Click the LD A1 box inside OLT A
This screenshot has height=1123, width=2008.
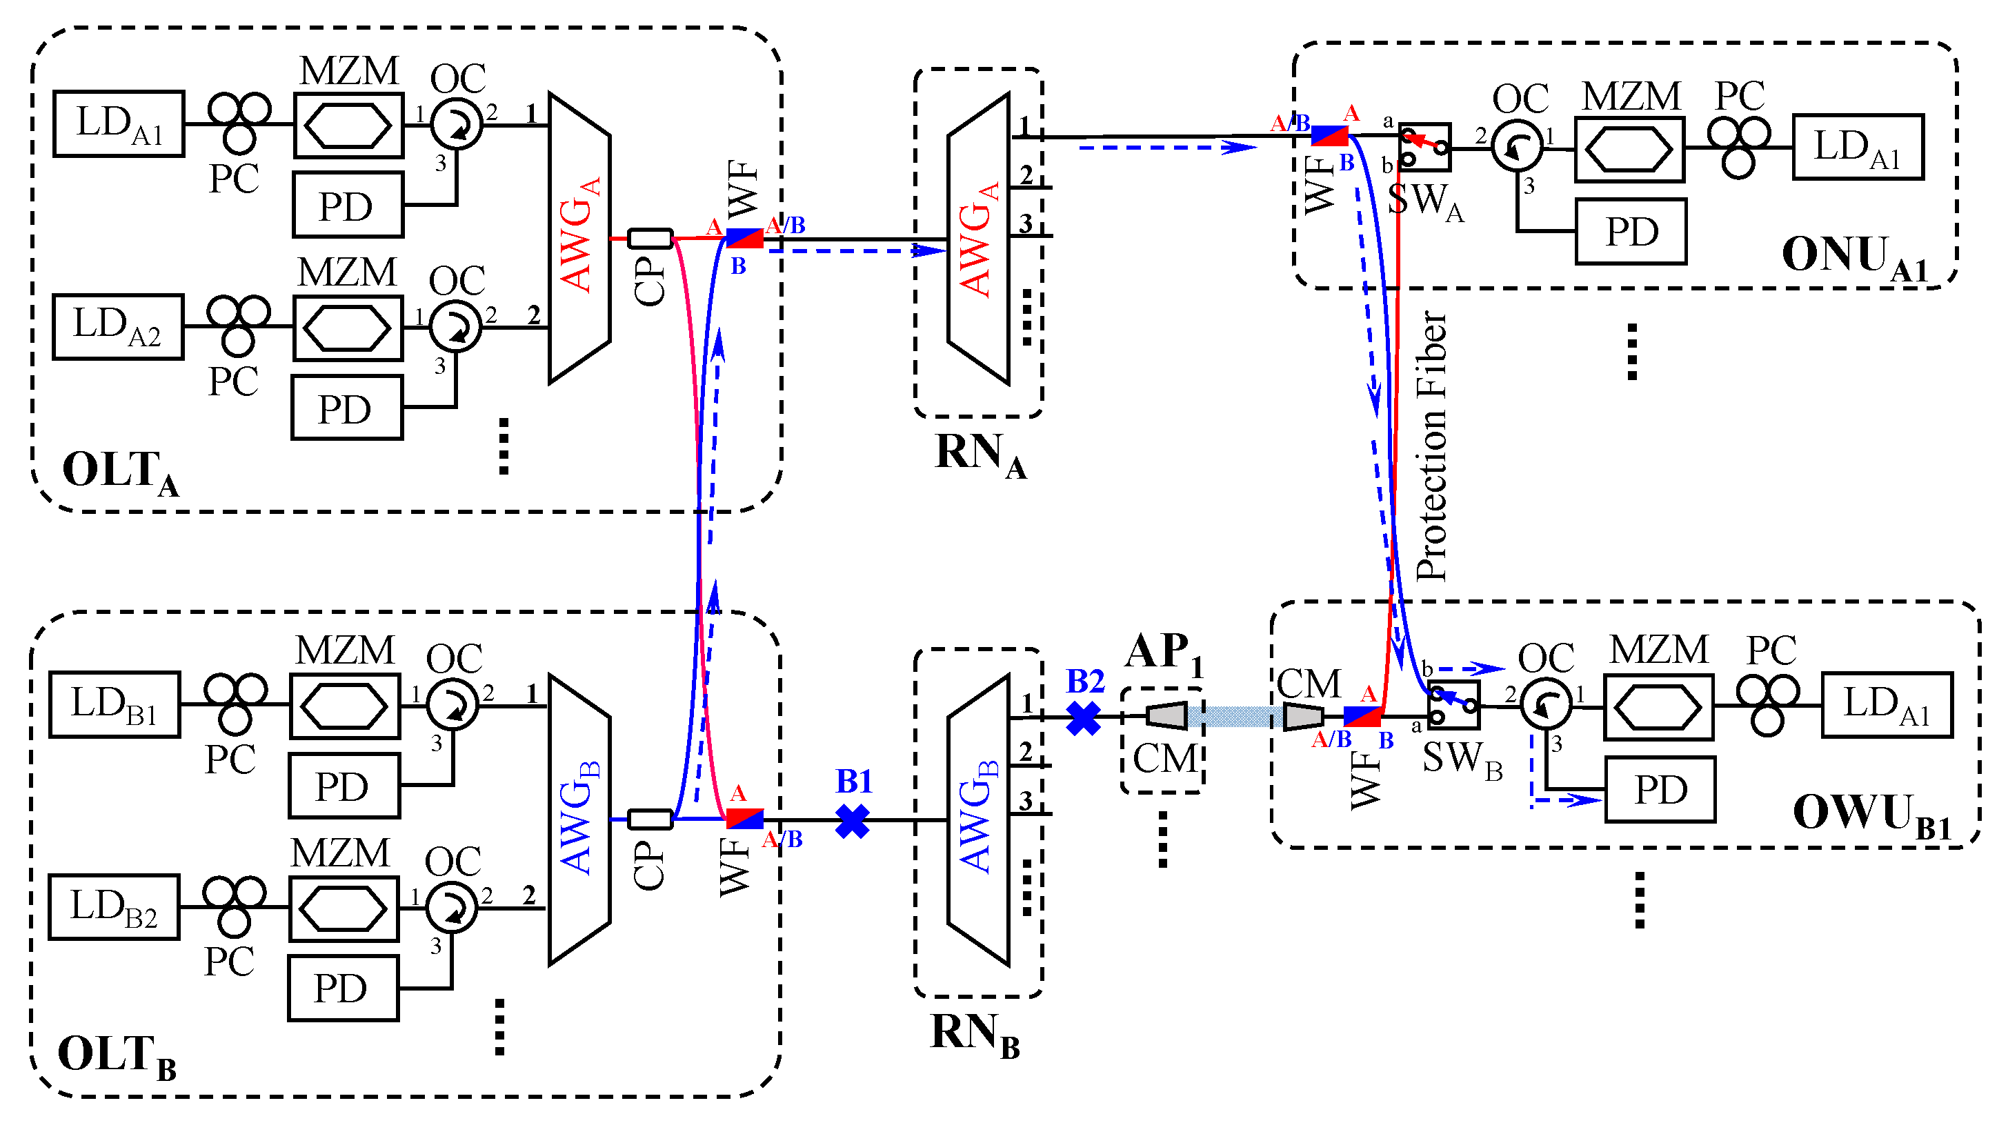coord(119,124)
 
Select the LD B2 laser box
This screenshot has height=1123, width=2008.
coord(114,907)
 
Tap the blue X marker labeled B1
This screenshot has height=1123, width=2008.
coord(852,821)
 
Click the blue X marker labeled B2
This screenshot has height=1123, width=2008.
coord(1083,718)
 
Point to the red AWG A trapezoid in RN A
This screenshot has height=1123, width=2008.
coord(978,239)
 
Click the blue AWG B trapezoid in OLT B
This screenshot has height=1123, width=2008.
coord(579,819)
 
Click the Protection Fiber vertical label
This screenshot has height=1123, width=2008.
coord(1431,446)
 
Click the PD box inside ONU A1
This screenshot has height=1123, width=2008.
coord(1631,232)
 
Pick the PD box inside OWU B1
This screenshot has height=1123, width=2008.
coord(1660,789)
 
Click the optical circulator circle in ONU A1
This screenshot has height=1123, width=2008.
coord(1517,146)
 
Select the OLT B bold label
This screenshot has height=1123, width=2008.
coord(117,1056)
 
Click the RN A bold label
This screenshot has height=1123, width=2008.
coord(980,454)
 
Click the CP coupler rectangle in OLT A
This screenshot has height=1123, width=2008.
coord(650,239)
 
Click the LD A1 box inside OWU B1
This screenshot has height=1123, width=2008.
coord(1887,704)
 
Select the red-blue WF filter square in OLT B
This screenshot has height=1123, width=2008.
coord(744,818)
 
